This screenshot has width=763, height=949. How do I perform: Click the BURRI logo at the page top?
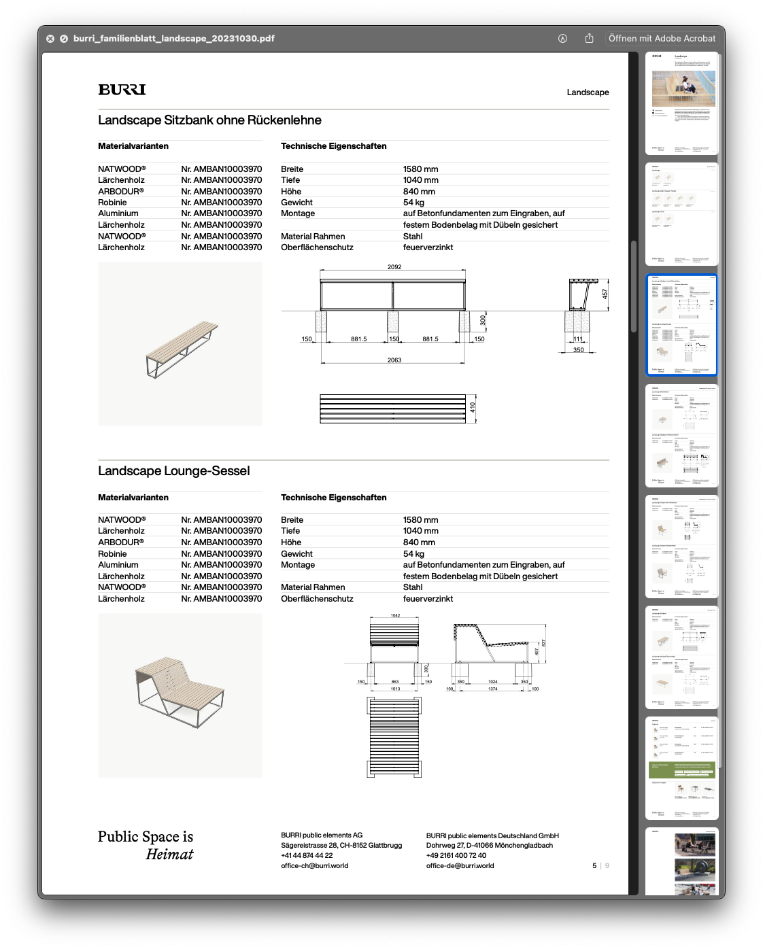tap(122, 90)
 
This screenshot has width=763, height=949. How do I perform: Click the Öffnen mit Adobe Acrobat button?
tap(662, 38)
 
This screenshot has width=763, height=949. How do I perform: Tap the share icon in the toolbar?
tap(589, 38)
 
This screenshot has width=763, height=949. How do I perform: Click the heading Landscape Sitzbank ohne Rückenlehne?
tap(209, 120)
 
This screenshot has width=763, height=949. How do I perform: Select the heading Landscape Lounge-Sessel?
tap(173, 471)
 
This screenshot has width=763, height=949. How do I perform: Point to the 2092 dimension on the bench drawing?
tap(394, 266)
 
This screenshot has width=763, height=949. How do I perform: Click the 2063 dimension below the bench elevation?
tap(394, 360)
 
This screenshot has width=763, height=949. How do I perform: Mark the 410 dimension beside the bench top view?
tap(473, 407)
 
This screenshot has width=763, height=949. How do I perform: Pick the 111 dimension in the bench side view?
tap(578, 339)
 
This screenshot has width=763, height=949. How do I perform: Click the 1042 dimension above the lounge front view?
tap(395, 615)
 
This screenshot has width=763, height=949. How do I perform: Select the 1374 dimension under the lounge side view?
tap(493, 689)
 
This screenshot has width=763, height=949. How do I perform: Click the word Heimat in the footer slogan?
tap(169, 855)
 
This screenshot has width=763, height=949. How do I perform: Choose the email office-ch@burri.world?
tap(314, 866)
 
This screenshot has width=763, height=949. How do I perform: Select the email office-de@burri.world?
tap(460, 866)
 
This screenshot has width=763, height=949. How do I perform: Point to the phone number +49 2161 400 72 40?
tap(456, 856)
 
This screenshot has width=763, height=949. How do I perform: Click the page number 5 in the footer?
tap(594, 866)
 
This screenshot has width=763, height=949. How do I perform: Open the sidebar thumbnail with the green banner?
tap(681, 767)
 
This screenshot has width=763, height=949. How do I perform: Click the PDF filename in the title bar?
tap(173, 39)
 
